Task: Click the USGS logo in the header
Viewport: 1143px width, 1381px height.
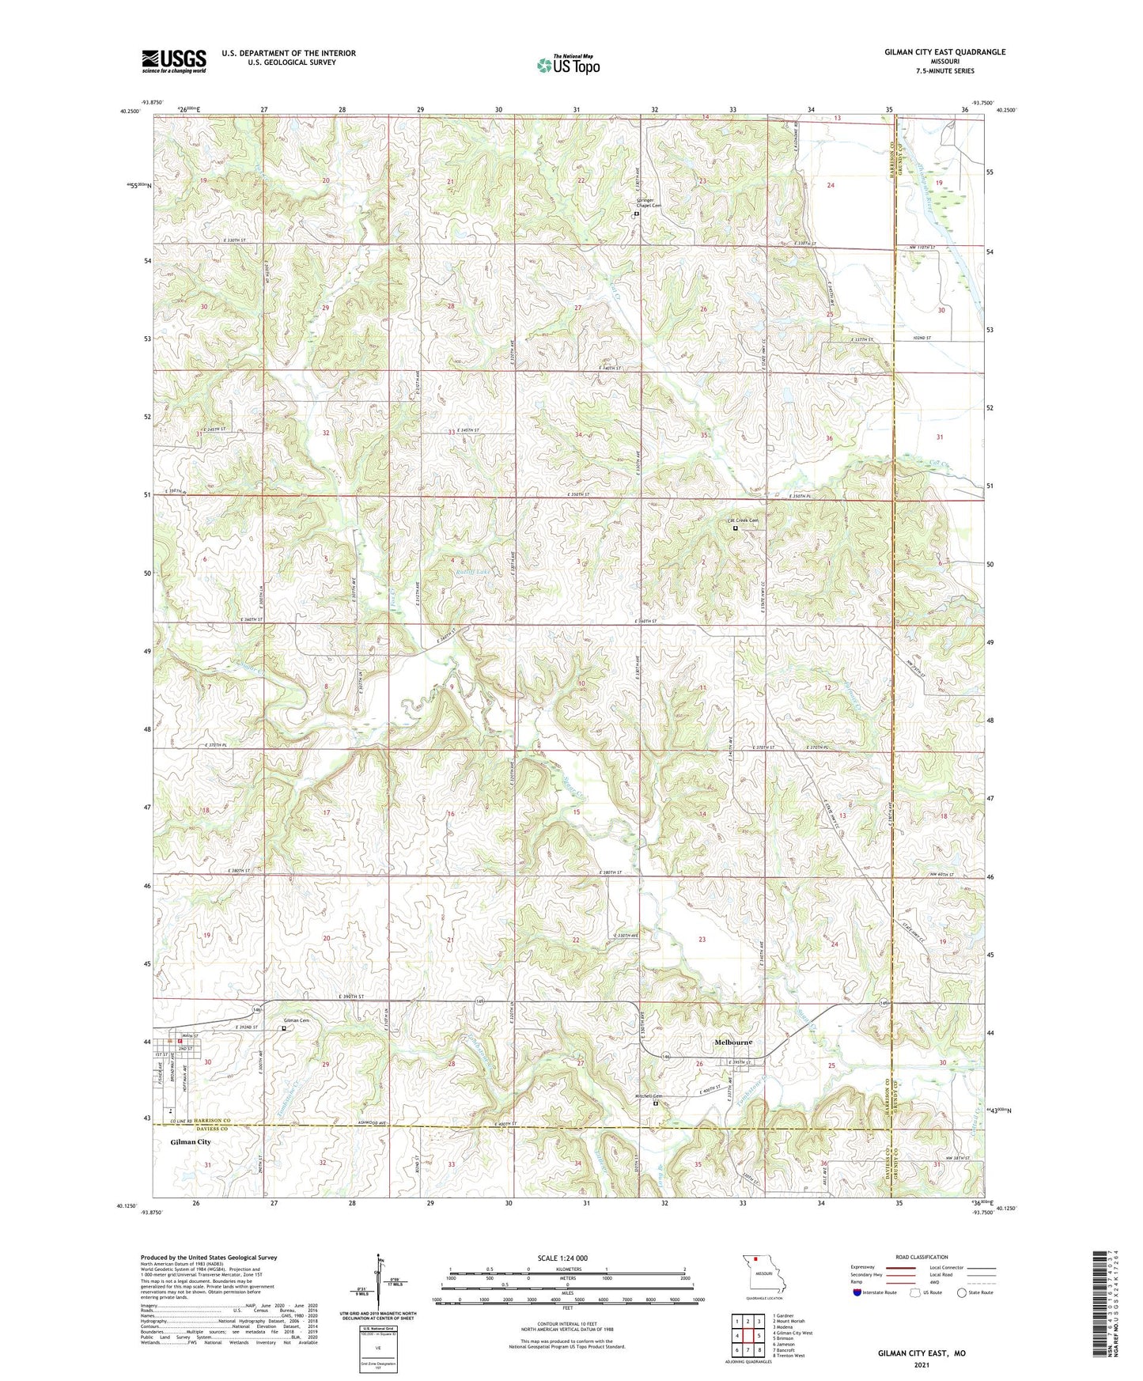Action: point(174,61)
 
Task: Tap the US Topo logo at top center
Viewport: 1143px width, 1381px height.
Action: point(568,65)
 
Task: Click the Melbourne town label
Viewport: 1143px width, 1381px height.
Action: point(733,1042)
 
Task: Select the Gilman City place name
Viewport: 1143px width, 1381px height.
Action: point(191,1142)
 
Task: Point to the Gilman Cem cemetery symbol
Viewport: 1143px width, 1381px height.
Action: point(285,1028)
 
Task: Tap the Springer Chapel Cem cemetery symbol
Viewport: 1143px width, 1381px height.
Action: point(637,213)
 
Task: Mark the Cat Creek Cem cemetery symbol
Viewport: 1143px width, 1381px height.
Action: point(736,528)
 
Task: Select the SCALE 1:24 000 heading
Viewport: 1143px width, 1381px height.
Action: point(562,1258)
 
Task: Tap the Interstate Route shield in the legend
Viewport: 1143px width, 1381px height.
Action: point(858,1292)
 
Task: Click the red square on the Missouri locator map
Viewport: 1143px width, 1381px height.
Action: point(756,1260)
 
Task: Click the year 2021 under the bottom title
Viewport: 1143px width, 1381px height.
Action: point(922,1364)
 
